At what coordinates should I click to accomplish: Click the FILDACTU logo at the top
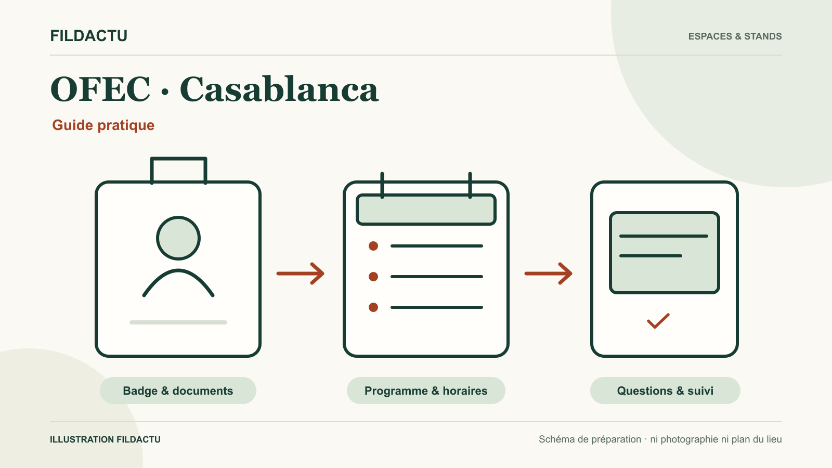click(x=89, y=36)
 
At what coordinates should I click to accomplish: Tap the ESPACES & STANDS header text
click(x=735, y=36)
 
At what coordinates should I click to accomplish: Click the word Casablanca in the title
click(x=279, y=89)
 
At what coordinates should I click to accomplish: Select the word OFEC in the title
click(x=100, y=89)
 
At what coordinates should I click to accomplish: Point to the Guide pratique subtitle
click(x=103, y=125)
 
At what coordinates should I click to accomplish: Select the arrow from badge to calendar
click(x=301, y=274)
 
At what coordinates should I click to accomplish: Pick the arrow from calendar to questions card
click(x=548, y=274)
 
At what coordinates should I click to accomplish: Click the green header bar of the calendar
click(x=426, y=210)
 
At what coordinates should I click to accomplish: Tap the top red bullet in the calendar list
click(x=373, y=246)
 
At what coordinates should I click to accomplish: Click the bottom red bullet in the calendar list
click(x=373, y=307)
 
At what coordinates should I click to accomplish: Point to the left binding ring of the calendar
click(x=382, y=185)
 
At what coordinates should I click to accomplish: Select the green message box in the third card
click(x=665, y=253)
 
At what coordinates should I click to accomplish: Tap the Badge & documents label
click(x=178, y=391)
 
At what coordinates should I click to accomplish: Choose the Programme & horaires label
click(x=426, y=391)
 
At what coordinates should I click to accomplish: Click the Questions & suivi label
click(x=665, y=391)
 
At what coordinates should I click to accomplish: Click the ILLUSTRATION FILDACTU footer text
click(x=105, y=439)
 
